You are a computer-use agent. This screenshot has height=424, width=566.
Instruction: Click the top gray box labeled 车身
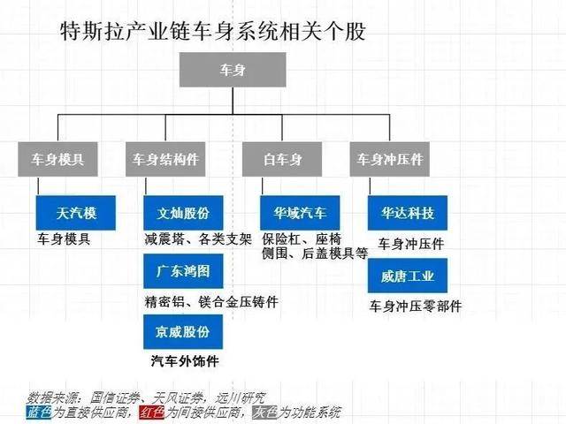(x=233, y=70)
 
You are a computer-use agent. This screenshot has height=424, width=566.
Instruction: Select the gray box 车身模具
(x=57, y=159)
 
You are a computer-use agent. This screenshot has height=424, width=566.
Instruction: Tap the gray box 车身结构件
(x=165, y=159)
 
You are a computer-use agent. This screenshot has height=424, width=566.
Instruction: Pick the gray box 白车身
(x=282, y=159)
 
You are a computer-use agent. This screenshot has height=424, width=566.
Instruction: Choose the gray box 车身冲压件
(x=389, y=159)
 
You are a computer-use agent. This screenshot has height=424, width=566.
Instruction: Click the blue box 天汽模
(x=76, y=213)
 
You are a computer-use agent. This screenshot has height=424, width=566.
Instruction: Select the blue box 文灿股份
(x=183, y=213)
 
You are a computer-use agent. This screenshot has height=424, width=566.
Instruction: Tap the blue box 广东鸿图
(x=183, y=271)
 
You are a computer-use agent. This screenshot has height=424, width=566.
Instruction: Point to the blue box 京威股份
(x=183, y=332)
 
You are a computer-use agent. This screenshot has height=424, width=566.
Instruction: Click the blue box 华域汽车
(x=300, y=213)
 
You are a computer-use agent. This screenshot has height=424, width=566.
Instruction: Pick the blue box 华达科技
(x=408, y=213)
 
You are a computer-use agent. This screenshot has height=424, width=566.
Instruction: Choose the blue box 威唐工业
(x=408, y=276)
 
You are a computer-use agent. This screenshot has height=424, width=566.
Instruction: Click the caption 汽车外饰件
(x=185, y=361)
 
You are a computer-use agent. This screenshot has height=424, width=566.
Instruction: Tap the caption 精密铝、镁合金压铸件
(x=211, y=302)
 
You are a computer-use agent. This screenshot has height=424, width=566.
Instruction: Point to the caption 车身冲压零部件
(x=416, y=307)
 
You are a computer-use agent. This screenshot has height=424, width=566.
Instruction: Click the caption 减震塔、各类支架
(x=198, y=239)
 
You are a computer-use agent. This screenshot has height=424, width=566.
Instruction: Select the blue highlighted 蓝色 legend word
(x=39, y=413)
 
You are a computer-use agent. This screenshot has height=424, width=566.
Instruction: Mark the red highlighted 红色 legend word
(x=151, y=413)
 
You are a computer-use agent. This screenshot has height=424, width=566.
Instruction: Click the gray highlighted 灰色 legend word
(x=265, y=413)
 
